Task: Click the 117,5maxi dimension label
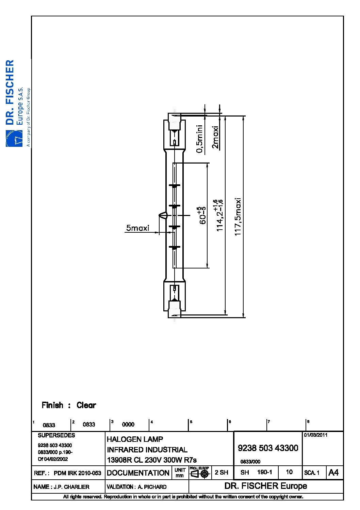point(238,217)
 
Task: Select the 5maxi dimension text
point(137,228)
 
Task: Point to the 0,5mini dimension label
point(199,139)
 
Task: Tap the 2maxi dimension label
point(215,137)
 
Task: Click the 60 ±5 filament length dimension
point(202,215)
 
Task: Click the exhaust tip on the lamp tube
point(163,215)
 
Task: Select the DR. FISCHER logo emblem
point(14,138)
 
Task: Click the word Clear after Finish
point(86,405)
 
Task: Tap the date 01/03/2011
point(316,435)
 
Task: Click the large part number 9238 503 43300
point(268,448)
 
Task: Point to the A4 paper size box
point(333,473)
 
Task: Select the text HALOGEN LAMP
point(135,439)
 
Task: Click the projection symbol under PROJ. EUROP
point(199,474)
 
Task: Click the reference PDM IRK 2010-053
point(77,473)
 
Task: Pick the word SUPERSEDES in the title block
point(56,435)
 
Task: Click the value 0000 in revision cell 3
point(128,424)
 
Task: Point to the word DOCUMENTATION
point(138,473)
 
